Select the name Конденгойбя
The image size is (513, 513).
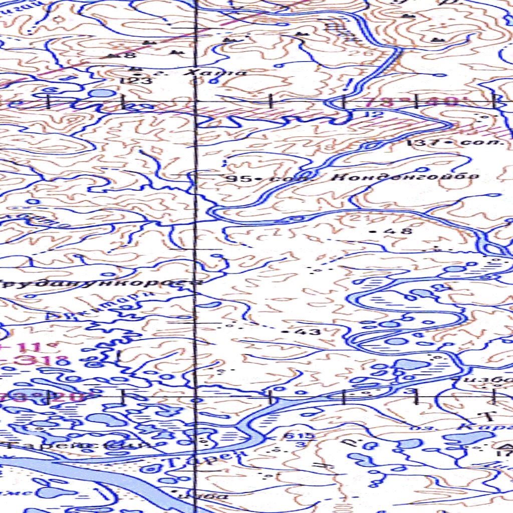(x=406, y=176)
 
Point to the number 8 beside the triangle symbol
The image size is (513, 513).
(x=132, y=56)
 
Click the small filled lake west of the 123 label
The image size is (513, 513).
(x=102, y=93)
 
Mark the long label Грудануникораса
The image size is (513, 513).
(x=100, y=283)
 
